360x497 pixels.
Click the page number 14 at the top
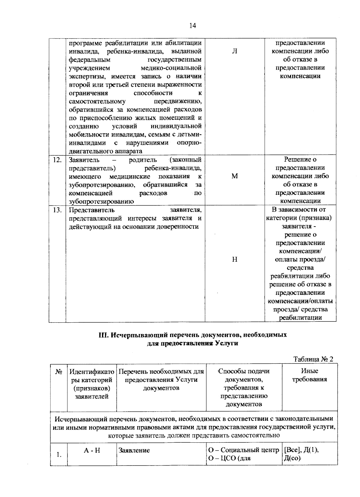coord(192,26)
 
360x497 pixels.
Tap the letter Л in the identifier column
coord(235,51)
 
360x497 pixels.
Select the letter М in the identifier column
coord(235,176)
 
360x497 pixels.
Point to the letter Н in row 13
coord(235,259)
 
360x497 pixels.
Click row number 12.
coord(57,160)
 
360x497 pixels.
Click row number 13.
coord(57,210)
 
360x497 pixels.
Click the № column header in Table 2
coord(58,372)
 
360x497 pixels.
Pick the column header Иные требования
coord(310,375)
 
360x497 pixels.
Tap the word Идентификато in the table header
coord(92,372)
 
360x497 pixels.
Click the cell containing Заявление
coord(134,450)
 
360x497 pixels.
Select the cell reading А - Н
coord(92,450)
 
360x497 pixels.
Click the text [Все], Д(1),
coord(301,450)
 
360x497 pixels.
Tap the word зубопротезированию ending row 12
coord(101,201)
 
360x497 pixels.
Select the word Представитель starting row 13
coord(91,210)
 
